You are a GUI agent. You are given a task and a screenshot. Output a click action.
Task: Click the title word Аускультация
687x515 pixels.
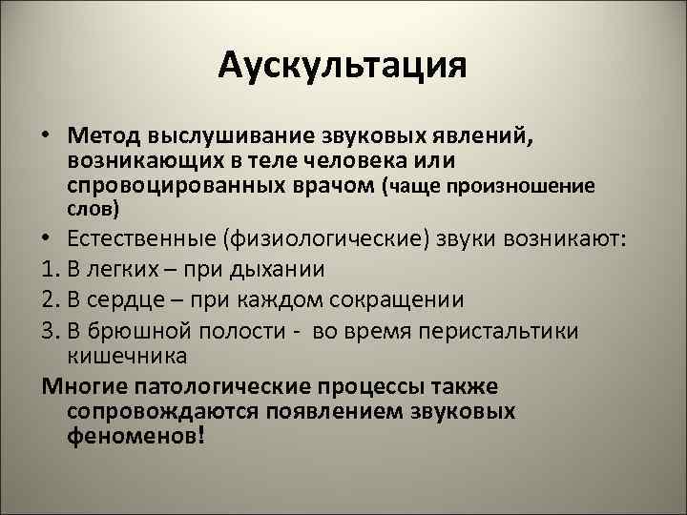pyautogui.click(x=343, y=67)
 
